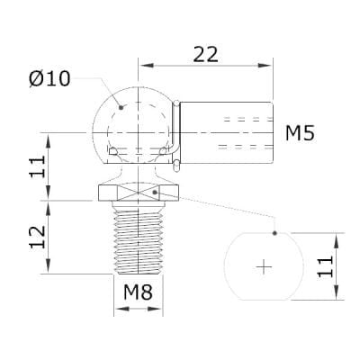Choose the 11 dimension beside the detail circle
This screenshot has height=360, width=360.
(326, 265)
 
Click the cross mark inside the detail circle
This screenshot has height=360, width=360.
(264, 266)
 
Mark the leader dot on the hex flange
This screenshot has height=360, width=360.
(156, 191)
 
